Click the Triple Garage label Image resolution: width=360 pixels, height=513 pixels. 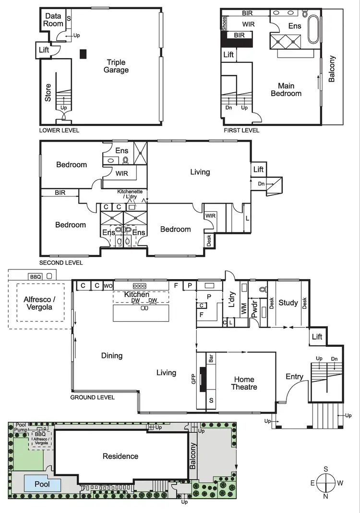tap(116, 66)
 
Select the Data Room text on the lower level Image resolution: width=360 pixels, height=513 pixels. tap(54, 20)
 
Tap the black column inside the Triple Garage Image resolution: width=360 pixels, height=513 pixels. tap(84, 54)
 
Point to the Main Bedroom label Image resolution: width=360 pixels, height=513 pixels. tap(286, 90)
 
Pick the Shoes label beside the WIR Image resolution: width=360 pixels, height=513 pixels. tap(224, 22)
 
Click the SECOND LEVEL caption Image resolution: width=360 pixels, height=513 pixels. tap(61, 263)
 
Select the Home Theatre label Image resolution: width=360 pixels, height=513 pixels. tap(244, 383)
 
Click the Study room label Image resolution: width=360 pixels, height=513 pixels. tap(288, 303)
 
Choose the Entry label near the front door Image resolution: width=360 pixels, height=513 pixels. tap(294, 377)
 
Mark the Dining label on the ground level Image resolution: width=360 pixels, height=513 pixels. tap(112, 356)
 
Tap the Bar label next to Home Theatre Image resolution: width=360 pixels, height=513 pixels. tap(211, 358)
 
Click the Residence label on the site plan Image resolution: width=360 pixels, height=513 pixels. tap(120, 456)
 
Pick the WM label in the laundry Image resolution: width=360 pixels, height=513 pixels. tap(244, 309)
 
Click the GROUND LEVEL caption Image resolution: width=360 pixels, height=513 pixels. tap(92, 397)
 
